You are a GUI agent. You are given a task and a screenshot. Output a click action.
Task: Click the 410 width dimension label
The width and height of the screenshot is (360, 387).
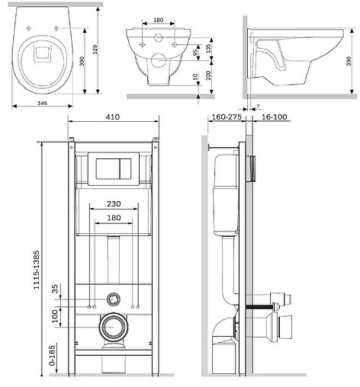pyautogui.click(x=113, y=117)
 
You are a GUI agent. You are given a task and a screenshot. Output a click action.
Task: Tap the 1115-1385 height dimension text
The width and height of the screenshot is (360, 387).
pyautogui.click(x=37, y=270)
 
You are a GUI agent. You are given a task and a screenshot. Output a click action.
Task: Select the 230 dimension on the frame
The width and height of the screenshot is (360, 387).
pyautogui.click(x=114, y=203)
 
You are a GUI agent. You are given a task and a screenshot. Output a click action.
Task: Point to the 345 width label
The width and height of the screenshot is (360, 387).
pyautogui.click(x=42, y=103)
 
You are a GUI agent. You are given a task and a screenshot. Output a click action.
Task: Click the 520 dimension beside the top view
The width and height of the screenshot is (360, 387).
pyautogui.click(x=95, y=50)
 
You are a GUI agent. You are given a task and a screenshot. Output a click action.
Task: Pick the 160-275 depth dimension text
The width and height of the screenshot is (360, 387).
pyautogui.click(x=227, y=117)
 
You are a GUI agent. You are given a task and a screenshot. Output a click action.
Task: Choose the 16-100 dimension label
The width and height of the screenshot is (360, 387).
pyautogui.click(x=274, y=117)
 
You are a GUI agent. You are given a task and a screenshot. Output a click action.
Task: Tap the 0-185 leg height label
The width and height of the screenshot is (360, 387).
pyautogui.click(x=53, y=355)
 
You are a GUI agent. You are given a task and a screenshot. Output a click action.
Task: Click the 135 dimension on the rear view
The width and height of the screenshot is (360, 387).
pyautogui.click(x=208, y=47)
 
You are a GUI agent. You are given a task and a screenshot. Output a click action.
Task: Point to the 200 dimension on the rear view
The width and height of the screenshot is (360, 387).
pyautogui.click(x=208, y=75)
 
